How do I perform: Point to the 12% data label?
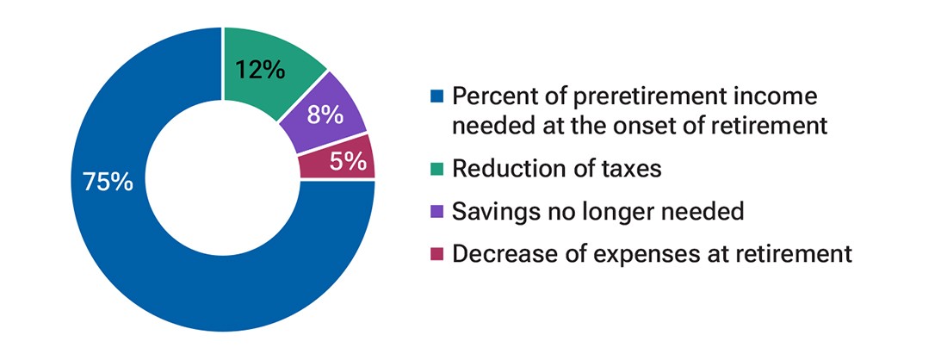259,69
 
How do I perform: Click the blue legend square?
436,96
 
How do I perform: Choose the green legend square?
436,169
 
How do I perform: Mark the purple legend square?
436,212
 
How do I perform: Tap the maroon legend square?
436,255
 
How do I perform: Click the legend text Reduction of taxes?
556,168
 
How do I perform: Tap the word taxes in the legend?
632,169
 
